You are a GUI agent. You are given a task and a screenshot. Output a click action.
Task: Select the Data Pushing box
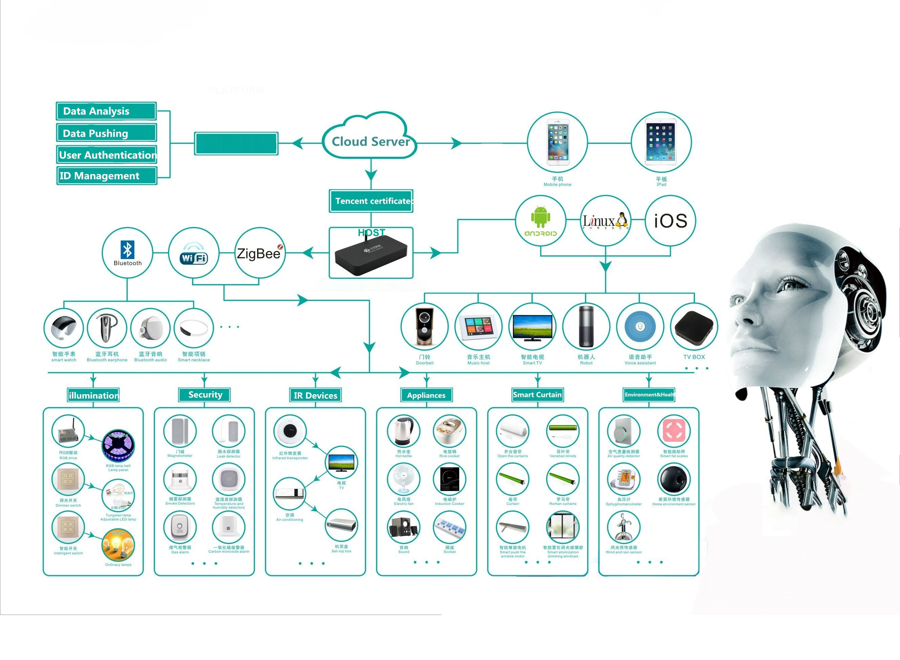(106, 133)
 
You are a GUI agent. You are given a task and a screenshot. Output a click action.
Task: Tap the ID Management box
(107, 176)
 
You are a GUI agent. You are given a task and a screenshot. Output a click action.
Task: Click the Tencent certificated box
(371, 201)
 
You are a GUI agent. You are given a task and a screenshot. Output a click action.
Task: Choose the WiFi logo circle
(193, 253)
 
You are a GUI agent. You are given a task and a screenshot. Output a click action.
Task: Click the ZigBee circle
(259, 253)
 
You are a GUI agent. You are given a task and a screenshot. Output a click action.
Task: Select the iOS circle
(670, 220)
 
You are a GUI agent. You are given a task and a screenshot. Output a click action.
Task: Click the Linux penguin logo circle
(605, 220)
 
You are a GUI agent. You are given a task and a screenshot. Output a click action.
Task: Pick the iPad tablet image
(661, 143)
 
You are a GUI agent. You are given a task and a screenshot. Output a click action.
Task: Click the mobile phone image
(558, 142)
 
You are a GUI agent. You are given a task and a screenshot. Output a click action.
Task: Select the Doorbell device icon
(424, 326)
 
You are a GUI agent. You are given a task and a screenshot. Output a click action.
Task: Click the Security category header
(205, 395)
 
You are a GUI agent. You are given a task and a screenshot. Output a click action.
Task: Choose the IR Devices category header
(315, 395)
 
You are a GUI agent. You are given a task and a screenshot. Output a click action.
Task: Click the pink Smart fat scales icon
(673, 431)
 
